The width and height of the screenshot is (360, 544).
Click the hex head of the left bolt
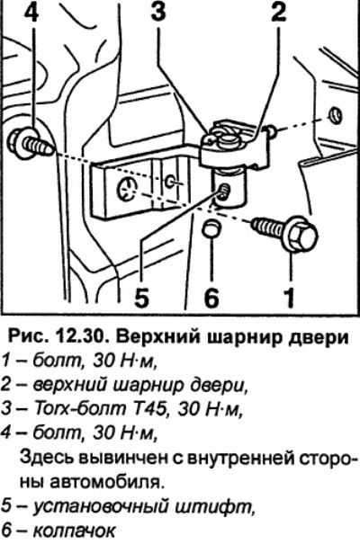click(20, 141)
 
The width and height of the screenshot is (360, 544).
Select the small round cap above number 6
click(211, 229)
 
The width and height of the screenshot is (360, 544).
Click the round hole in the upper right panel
click(335, 115)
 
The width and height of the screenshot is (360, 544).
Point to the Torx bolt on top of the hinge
click(219, 137)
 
